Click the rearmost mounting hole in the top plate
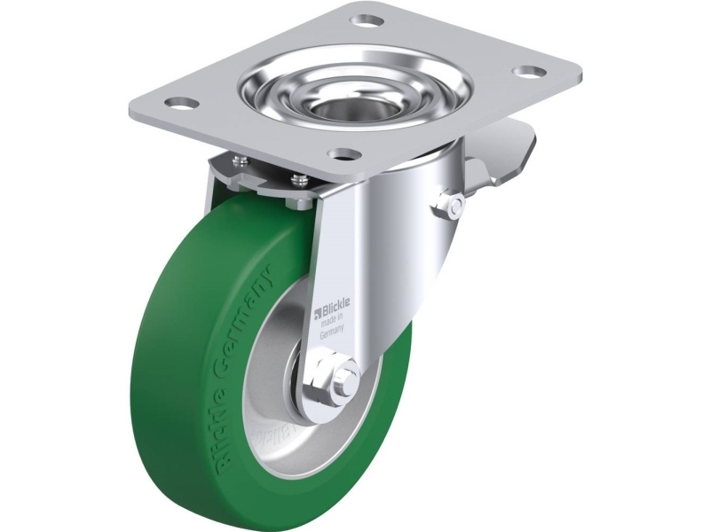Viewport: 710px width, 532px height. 366,19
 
